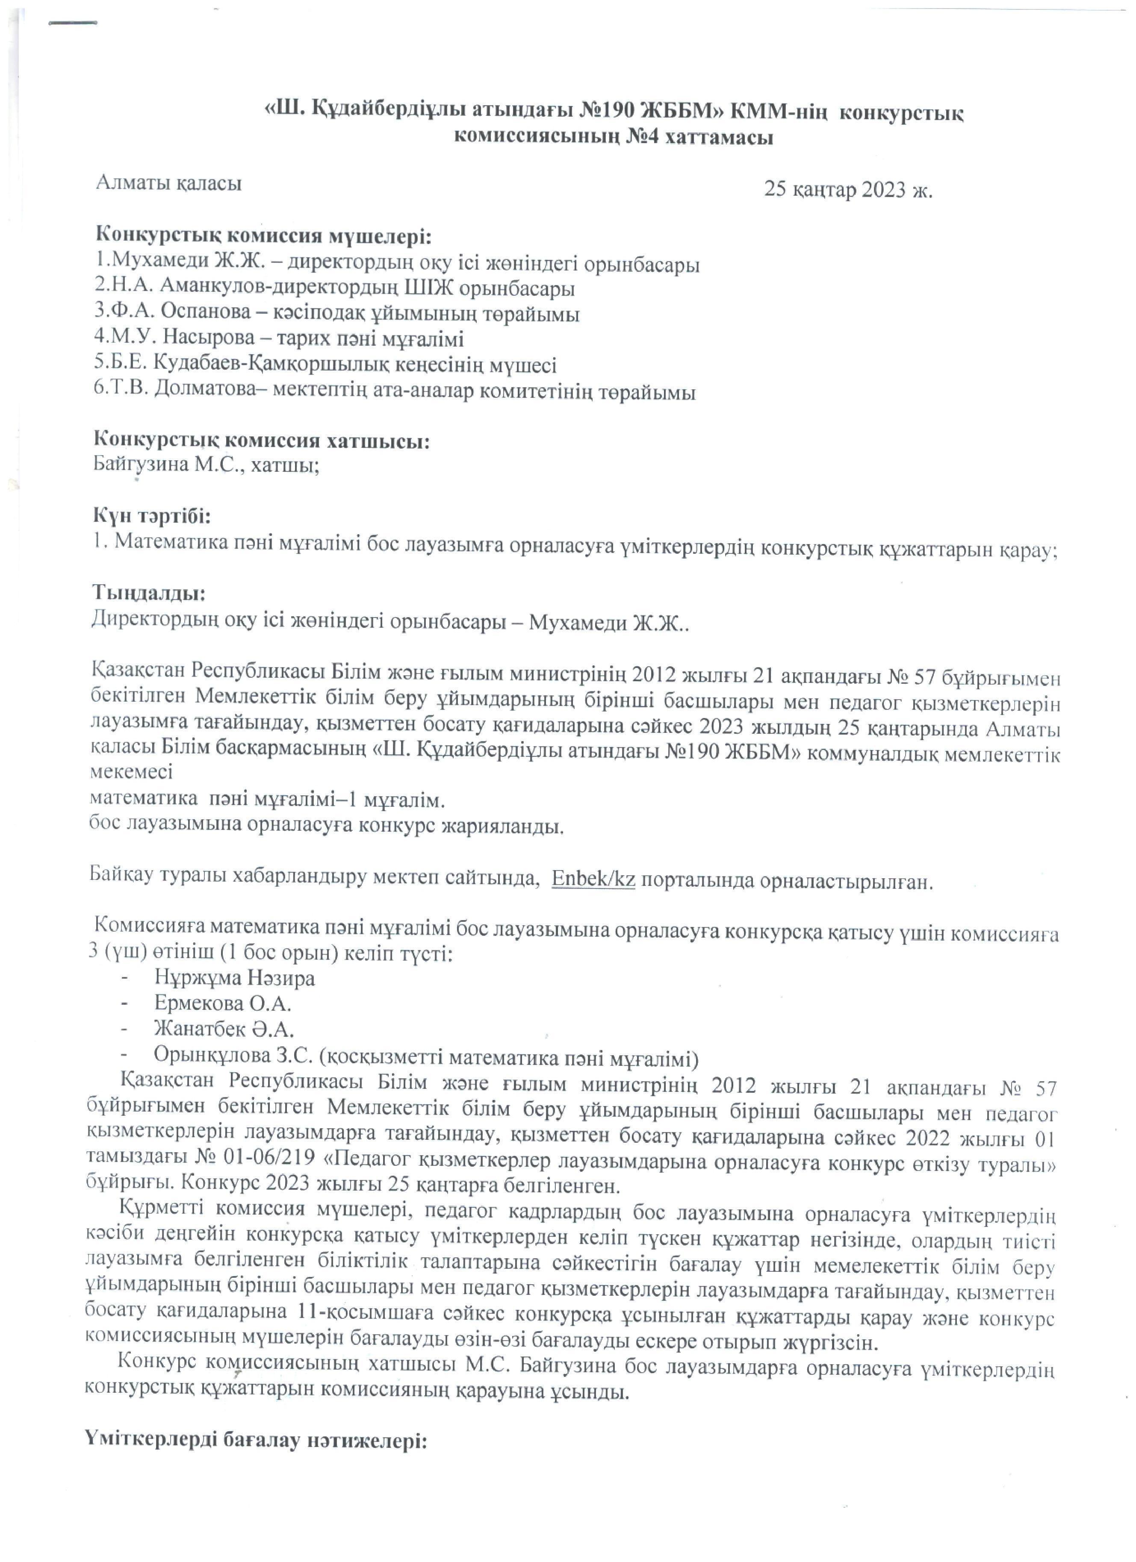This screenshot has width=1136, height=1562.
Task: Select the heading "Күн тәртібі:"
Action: click(151, 515)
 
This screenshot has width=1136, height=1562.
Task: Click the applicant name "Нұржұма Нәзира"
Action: click(234, 977)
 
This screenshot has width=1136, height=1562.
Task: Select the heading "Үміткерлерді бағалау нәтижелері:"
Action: click(256, 1441)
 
